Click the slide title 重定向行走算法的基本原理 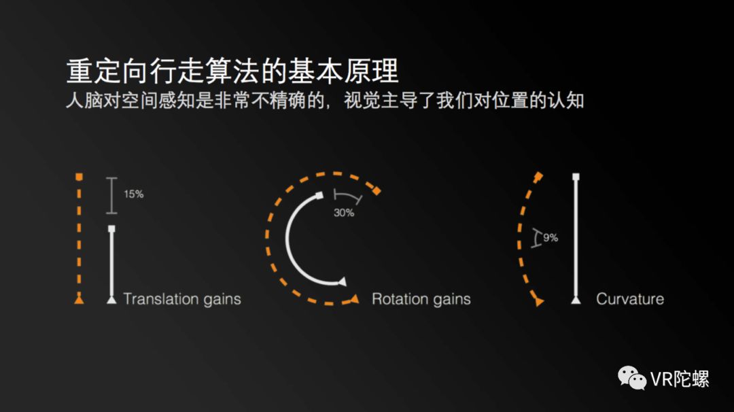[232, 71]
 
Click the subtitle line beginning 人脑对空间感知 [325, 101]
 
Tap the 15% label [133, 194]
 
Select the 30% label [344, 212]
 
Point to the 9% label [550, 238]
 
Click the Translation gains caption [181, 299]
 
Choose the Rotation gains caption [421, 299]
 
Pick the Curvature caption [629, 299]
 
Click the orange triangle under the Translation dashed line [80, 299]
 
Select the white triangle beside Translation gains [112, 299]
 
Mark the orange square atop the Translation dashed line [80, 177]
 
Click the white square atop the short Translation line [112, 229]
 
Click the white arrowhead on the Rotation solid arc [342, 282]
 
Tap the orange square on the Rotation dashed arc [377, 192]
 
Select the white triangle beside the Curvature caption [576, 299]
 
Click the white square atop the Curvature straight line [576, 177]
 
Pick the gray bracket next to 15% [113, 194]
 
